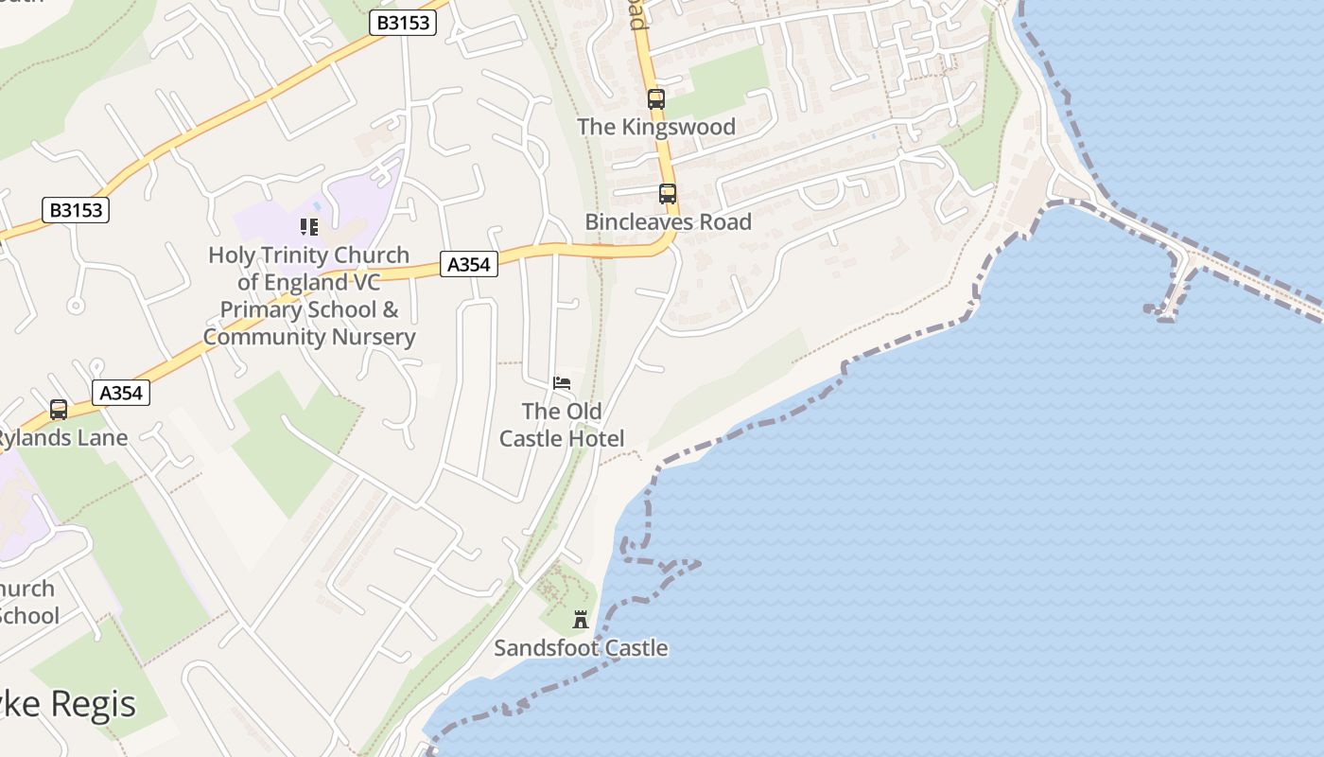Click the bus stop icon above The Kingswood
pyautogui.click(x=655, y=98)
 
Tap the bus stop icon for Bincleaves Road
pyautogui.click(x=668, y=194)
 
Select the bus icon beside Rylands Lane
pyautogui.click(x=59, y=410)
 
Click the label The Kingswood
pyautogui.click(x=655, y=127)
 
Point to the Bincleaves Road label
pyautogui.click(x=668, y=222)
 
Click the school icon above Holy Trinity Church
pyautogui.click(x=309, y=227)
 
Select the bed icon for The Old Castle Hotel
pyautogui.click(x=562, y=383)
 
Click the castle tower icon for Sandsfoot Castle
pyautogui.click(x=581, y=621)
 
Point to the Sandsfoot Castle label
pyautogui.click(x=581, y=648)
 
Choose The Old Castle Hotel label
pyautogui.click(x=562, y=425)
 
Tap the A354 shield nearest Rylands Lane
pyautogui.click(x=122, y=393)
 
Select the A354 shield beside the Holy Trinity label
pyautogui.click(x=469, y=265)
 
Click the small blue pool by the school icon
pyautogui.click(x=315, y=204)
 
